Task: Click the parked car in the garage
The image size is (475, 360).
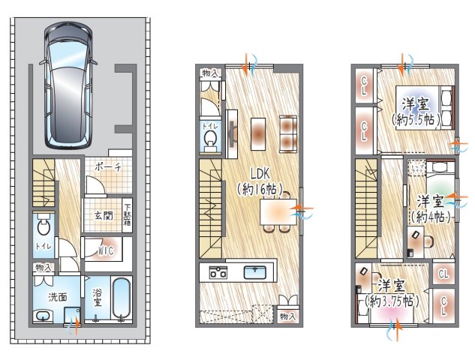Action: click(x=68, y=85)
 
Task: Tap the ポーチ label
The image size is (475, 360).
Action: click(x=108, y=166)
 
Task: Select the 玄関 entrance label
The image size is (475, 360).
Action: click(x=104, y=216)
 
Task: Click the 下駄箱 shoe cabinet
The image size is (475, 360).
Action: click(x=127, y=215)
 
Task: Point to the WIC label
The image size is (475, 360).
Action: click(x=106, y=250)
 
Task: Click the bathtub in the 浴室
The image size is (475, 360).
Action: click(x=122, y=298)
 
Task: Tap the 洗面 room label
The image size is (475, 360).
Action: click(x=58, y=297)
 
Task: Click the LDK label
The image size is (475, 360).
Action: click(x=260, y=174)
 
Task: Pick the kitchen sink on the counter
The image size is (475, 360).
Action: click(x=255, y=272)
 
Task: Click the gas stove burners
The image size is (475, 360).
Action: click(x=218, y=272)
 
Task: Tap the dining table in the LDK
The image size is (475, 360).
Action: click(x=278, y=211)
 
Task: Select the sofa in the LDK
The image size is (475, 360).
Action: click(x=288, y=133)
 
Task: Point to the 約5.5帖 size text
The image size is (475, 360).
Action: click(x=415, y=120)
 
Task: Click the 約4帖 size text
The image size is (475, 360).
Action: click(x=431, y=217)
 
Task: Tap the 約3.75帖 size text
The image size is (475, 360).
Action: click(x=392, y=301)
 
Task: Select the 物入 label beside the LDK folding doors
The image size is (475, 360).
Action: click(x=287, y=316)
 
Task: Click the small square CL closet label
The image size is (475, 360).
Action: click(x=443, y=274)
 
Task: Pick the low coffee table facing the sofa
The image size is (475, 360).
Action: click(x=258, y=133)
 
